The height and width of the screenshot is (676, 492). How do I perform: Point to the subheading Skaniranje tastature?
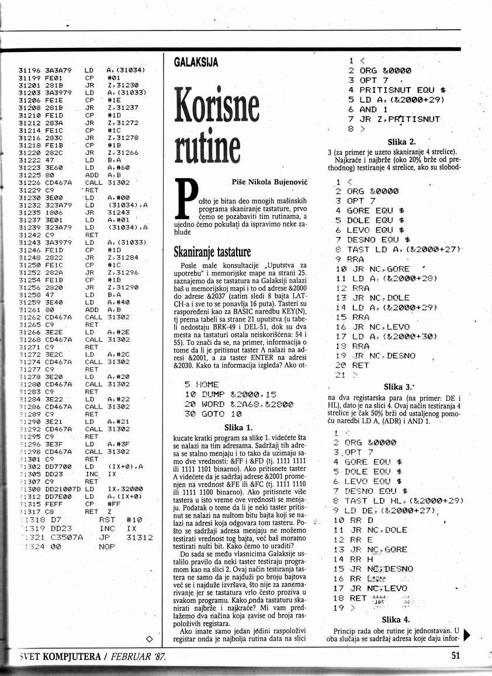coord(212,252)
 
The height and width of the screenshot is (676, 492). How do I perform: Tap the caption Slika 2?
coord(401,142)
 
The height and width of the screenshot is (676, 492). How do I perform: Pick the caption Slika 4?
coord(396,619)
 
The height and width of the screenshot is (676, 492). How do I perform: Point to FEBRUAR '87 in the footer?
coord(137,656)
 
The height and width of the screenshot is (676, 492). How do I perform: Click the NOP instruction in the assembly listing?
coord(108,547)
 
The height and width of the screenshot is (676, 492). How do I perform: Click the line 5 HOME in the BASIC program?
coord(202,385)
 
